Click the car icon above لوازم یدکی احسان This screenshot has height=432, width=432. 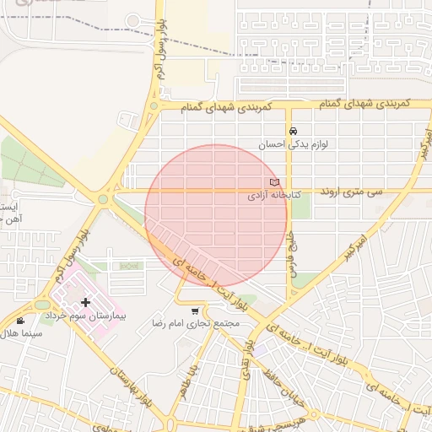coord(293,132)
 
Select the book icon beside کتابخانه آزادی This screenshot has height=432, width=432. coord(273,182)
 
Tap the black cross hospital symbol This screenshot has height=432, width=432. coord(86,301)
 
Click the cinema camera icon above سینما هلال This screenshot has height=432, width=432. coord(20,321)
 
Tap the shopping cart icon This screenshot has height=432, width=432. coord(196,310)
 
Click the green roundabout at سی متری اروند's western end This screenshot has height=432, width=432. coord(104,200)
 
